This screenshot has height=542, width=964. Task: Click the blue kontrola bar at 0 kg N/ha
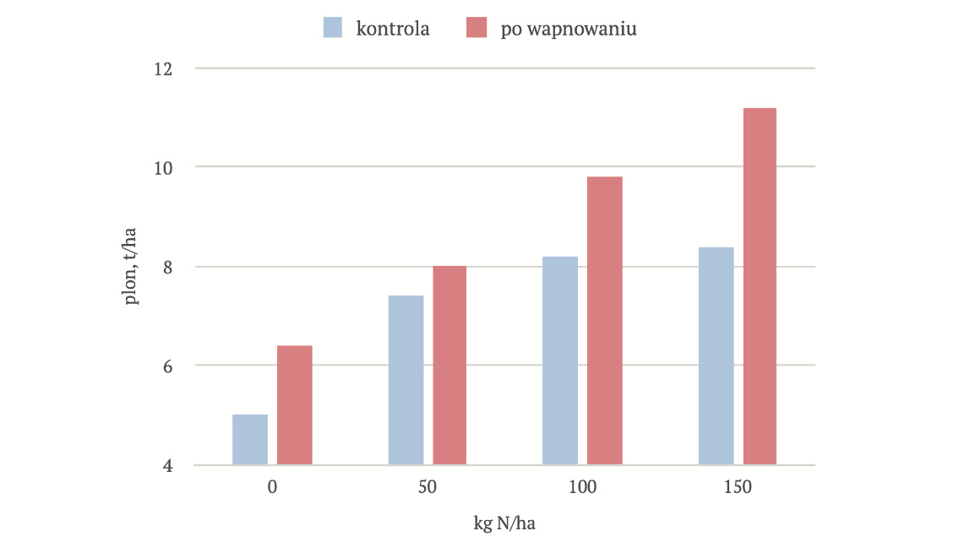click(250, 440)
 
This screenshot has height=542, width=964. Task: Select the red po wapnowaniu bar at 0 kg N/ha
click(295, 405)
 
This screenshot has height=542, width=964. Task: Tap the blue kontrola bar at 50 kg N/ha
click(406, 380)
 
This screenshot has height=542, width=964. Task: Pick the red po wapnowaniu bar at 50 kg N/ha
click(449, 366)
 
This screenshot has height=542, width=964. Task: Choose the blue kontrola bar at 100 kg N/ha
click(560, 360)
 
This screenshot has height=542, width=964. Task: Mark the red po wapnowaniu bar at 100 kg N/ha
click(605, 321)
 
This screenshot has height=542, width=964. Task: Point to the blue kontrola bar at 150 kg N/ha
click(716, 355)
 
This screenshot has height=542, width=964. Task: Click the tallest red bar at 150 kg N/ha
click(760, 286)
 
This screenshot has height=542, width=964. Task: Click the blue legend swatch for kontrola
click(333, 28)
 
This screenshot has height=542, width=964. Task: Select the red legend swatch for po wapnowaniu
click(477, 28)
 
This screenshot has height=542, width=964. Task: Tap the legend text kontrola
click(393, 29)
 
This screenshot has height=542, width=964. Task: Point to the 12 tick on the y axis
click(162, 68)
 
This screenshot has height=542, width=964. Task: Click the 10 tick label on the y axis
click(162, 167)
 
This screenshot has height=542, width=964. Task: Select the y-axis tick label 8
click(166, 267)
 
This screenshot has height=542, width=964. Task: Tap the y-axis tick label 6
click(166, 366)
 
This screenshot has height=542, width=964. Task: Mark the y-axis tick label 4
click(166, 465)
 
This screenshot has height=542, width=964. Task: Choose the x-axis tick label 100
click(582, 487)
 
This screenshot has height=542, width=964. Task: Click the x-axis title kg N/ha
click(504, 523)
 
